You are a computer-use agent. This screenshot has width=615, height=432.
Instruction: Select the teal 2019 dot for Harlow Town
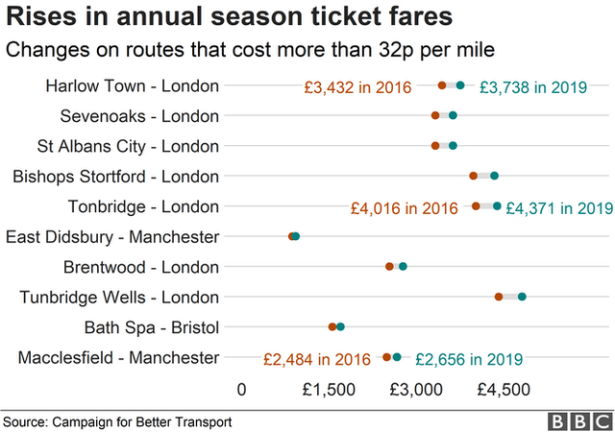click(x=460, y=85)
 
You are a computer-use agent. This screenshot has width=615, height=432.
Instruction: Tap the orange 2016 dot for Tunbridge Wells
click(x=499, y=297)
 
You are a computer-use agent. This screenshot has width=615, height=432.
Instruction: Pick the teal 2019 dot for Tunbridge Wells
click(x=522, y=297)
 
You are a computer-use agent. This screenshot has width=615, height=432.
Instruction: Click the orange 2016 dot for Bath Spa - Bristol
click(x=332, y=326)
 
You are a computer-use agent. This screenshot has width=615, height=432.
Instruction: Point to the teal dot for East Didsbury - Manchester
click(x=296, y=236)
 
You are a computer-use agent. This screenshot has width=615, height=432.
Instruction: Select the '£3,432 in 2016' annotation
click(x=357, y=87)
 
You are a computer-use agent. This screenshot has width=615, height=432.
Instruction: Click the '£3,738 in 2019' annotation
click(x=532, y=87)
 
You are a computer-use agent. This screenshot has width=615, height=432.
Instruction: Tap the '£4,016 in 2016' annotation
click(x=404, y=207)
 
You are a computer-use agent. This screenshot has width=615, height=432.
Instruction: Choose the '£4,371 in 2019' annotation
click(x=559, y=207)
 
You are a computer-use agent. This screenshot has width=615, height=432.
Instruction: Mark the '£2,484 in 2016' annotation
click(x=317, y=359)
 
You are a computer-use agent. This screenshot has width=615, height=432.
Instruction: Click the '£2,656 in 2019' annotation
click(x=469, y=359)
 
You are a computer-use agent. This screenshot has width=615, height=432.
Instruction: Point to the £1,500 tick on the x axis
click(x=330, y=390)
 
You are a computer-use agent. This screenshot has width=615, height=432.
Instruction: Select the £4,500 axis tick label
click(x=504, y=390)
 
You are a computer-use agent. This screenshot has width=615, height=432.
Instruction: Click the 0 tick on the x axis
click(x=241, y=390)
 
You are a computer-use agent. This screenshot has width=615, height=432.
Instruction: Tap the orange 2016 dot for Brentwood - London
click(x=389, y=267)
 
